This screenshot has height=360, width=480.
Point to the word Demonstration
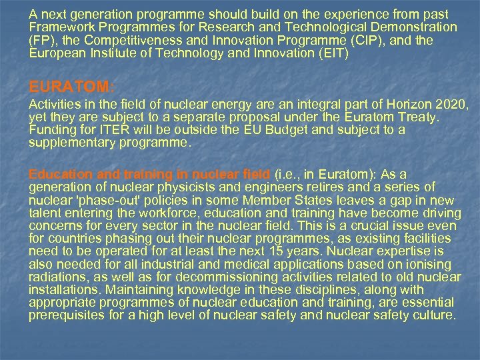[x=415, y=27]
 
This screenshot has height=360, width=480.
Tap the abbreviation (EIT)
[x=331, y=53]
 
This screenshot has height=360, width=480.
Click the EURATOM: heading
[x=71, y=87]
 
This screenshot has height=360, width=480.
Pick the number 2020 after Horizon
[x=451, y=105]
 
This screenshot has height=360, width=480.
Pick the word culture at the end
[x=436, y=315]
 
